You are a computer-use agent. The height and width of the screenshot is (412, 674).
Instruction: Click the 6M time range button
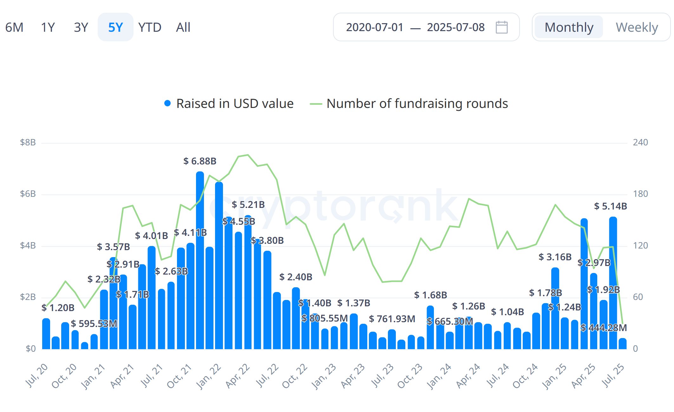[14, 27]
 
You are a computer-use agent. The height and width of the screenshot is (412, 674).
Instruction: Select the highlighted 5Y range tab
[115, 27]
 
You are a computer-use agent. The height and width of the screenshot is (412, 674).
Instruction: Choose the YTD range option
[150, 27]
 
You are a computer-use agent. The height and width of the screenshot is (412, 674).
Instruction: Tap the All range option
[183, 27]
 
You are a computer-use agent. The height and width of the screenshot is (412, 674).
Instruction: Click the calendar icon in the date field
[501, 27]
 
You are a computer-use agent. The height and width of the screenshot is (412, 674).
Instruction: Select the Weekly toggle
[637, 27]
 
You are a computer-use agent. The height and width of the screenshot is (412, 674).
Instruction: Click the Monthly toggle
[569, 27]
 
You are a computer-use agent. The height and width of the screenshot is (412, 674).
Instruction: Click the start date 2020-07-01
[375, 27]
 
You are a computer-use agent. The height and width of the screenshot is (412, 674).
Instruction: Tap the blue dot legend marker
[167, 103]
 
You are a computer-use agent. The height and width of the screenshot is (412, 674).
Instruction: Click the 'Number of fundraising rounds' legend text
[417, 103]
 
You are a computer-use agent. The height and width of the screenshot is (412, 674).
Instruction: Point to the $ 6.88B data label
[200, 161]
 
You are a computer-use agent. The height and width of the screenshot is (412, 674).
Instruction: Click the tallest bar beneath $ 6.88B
[200, 260]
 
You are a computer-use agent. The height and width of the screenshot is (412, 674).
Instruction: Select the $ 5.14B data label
[610, 206]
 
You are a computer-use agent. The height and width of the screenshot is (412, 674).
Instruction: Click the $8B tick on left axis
[28, 142]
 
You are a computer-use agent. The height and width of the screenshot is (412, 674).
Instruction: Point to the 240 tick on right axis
[640, 142]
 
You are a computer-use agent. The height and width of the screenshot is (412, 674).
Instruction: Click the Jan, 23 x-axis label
[324, 376]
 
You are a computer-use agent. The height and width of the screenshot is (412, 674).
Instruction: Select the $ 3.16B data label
[555, 257]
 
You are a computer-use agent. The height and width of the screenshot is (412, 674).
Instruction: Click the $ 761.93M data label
[392, 319]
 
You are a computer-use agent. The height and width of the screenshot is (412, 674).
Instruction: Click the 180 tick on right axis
[640, 194]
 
